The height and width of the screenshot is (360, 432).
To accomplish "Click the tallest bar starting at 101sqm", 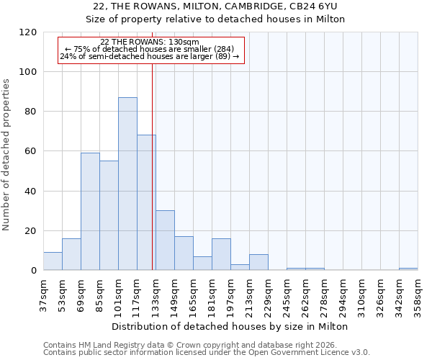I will (x=127, y=184).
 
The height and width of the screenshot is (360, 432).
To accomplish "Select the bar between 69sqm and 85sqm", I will (x=90, y=212).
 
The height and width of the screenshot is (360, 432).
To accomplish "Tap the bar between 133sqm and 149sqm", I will (x=165, y=240).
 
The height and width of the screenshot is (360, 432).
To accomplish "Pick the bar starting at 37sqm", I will (x=53, y=261).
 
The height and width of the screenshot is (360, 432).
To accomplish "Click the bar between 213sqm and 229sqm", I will (x=258, y=263).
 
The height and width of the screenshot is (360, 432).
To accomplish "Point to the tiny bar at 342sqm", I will (x=408, y=269).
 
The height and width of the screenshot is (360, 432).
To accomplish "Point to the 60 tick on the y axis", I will (x=30, y=151).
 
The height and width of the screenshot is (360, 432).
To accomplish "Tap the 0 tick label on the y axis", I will (x=33, y=271).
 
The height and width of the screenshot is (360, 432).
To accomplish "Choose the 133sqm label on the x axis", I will (x=156, y=294).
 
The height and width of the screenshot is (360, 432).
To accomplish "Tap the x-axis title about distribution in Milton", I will (x=230, y=326).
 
